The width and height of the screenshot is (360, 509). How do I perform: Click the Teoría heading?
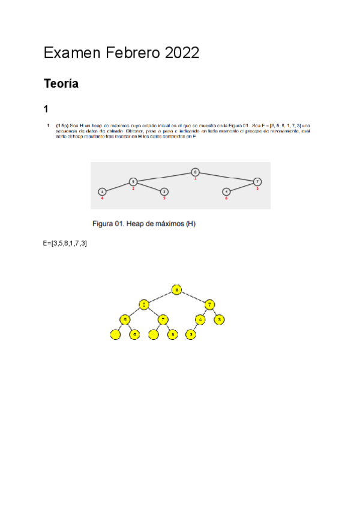coord(61,84)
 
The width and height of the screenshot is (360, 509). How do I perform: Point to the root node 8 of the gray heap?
coord(195,172)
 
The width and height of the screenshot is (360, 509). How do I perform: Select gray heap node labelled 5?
coord(133,181)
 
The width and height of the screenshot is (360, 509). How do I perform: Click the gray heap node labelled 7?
coord(257,181)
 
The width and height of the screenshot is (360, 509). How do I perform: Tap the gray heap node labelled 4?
coord(226,191)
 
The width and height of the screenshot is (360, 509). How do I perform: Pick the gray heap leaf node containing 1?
coord(102,191)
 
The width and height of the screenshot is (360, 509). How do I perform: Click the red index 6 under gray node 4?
coord(226,198)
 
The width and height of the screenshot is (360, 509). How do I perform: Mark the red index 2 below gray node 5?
coord(133,188)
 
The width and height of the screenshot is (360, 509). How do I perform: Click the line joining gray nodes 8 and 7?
coord(227,176)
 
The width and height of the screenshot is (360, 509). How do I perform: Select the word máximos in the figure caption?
coord(168,224)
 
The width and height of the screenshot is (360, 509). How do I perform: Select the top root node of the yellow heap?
coord(176,290)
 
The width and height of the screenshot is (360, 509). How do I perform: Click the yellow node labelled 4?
coord(200,319)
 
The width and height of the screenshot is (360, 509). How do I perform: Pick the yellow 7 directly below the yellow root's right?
coord(209,304)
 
